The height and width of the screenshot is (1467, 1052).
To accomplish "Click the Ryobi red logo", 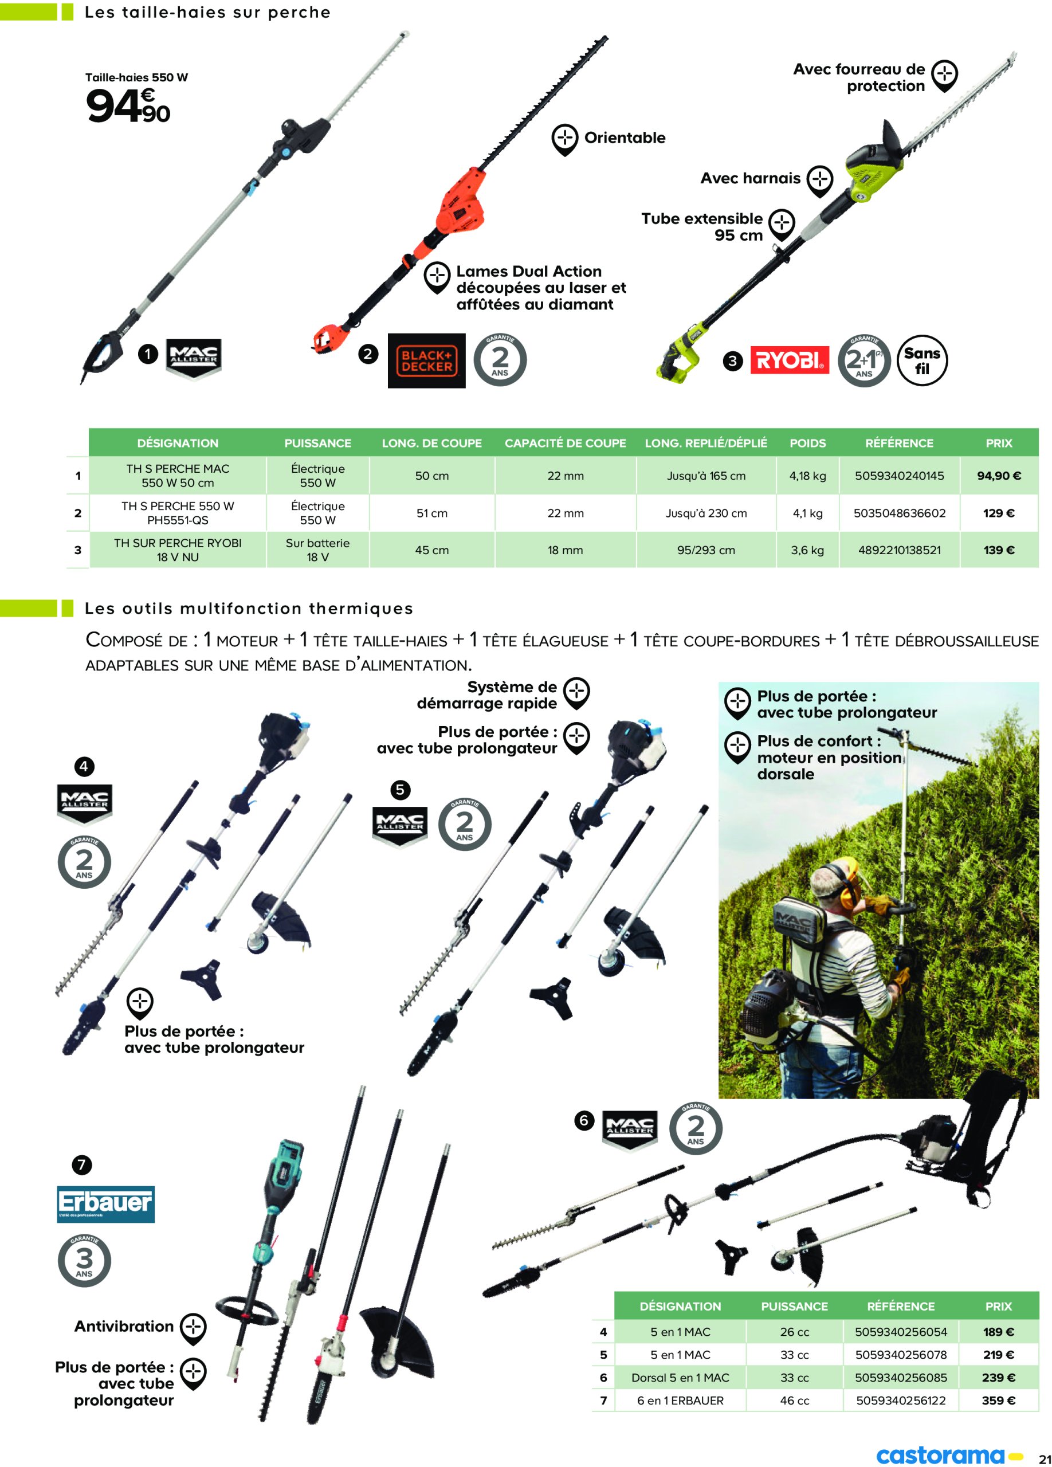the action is pyautogui.click(x=789, y=360).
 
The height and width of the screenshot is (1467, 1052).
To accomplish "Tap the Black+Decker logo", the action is pyautogui.click(x=426, y=360).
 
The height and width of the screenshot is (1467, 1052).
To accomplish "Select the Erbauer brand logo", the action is pyautogui.click(x=105, y=1204).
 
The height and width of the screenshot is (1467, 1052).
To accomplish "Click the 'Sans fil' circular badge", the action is pyautogui.click(x=922, y=360).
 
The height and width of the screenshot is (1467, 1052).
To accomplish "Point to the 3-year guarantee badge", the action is pyautogui.click(x=84, y=1260).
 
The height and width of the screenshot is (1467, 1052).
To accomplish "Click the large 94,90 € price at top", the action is pyautogui.click(x=128, y=105).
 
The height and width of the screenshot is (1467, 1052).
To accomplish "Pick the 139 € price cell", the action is pyautogui.click(x=998, y=550).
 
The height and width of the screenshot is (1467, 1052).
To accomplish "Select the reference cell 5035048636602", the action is pyautogui.click(x=900, y=513).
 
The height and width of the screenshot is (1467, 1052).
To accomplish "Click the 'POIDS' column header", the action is pyautogui.click(x=807, y=443).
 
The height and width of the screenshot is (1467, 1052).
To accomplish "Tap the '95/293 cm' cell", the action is pyautogui.click(x=706, y=550).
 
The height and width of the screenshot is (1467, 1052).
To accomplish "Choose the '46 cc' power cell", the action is pyautogui.click(x=794, y=1401).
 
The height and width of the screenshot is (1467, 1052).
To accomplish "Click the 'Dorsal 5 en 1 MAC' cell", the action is pyautogui.click(x=680, y=1378).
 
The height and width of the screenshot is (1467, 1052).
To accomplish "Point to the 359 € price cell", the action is pyautogui.click(x=998, y=1401).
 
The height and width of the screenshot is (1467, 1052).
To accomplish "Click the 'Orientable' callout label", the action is pyautogui.click(x=625, y=138).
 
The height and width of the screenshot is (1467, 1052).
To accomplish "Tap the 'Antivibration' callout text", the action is pyautogui.click(x=124, y=1327).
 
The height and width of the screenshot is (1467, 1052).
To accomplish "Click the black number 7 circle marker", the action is pyautogui.click(x=81, y=1165).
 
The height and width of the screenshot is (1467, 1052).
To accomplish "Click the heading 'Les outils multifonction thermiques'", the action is pyautogui.click(x=249, y=609).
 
